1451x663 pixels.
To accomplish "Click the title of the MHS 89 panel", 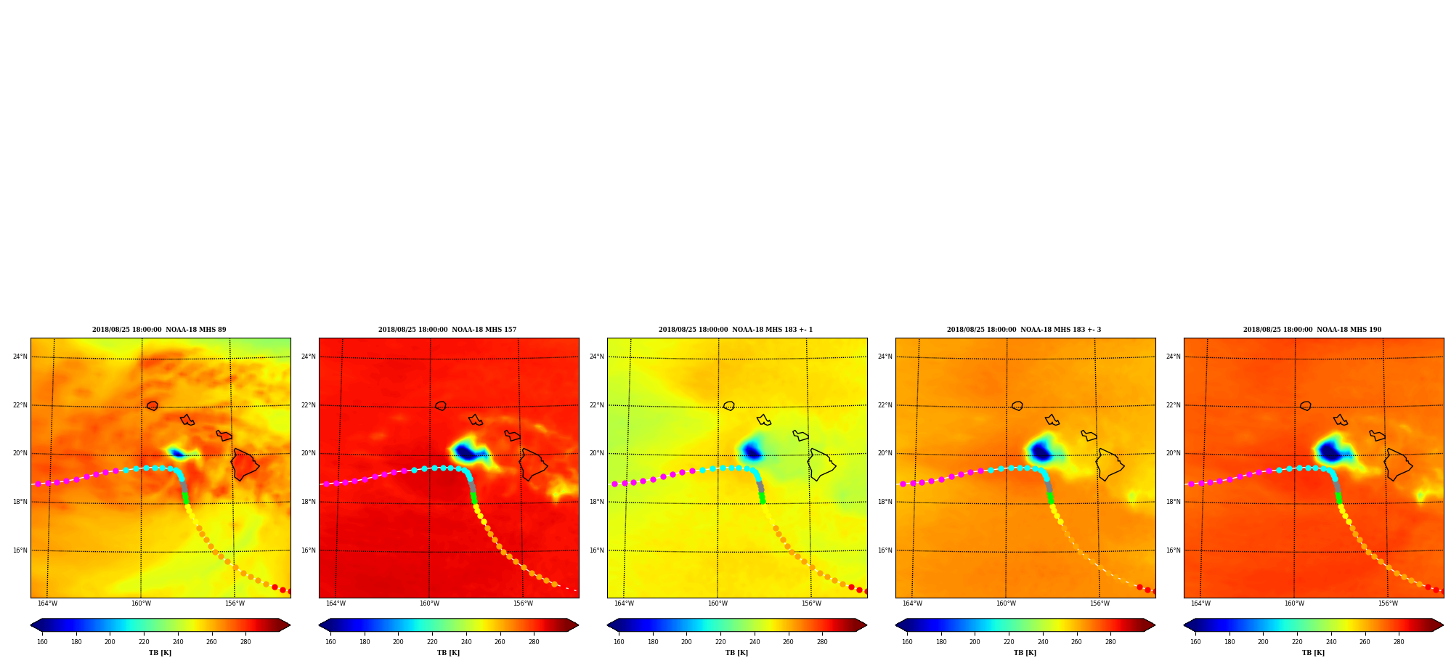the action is click(x=159, y=330).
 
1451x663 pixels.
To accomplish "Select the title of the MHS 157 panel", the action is click(x=447, y=330).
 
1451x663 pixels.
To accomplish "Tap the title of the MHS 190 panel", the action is click(x=1312, y=330).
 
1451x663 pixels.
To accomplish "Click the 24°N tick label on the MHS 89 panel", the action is click(x=20, y=357).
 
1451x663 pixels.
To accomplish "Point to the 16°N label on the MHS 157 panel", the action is click(x=309, y=550).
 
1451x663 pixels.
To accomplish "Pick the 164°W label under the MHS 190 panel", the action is click(x=1200, y=603).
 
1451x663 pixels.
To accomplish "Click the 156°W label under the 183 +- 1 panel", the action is click(x=811, y=603).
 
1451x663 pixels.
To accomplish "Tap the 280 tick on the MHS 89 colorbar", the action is click(x=245, y=642).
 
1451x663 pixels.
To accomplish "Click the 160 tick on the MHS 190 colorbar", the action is click(x=1195, y=642).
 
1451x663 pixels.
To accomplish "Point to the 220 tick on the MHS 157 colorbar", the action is click(x=432, y=642).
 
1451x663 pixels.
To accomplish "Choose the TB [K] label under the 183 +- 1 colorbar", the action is click(x=736, y=653).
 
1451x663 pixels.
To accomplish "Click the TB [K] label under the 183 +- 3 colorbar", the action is click(x=1025, y=653).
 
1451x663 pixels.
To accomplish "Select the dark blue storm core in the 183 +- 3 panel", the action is click(x=1041, y=452).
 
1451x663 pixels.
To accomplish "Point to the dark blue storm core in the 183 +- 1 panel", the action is click(x=752, y=452).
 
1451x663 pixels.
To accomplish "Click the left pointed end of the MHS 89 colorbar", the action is click(x=31, y=625).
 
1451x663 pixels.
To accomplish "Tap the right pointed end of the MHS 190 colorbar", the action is click(x=1442, y=625).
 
